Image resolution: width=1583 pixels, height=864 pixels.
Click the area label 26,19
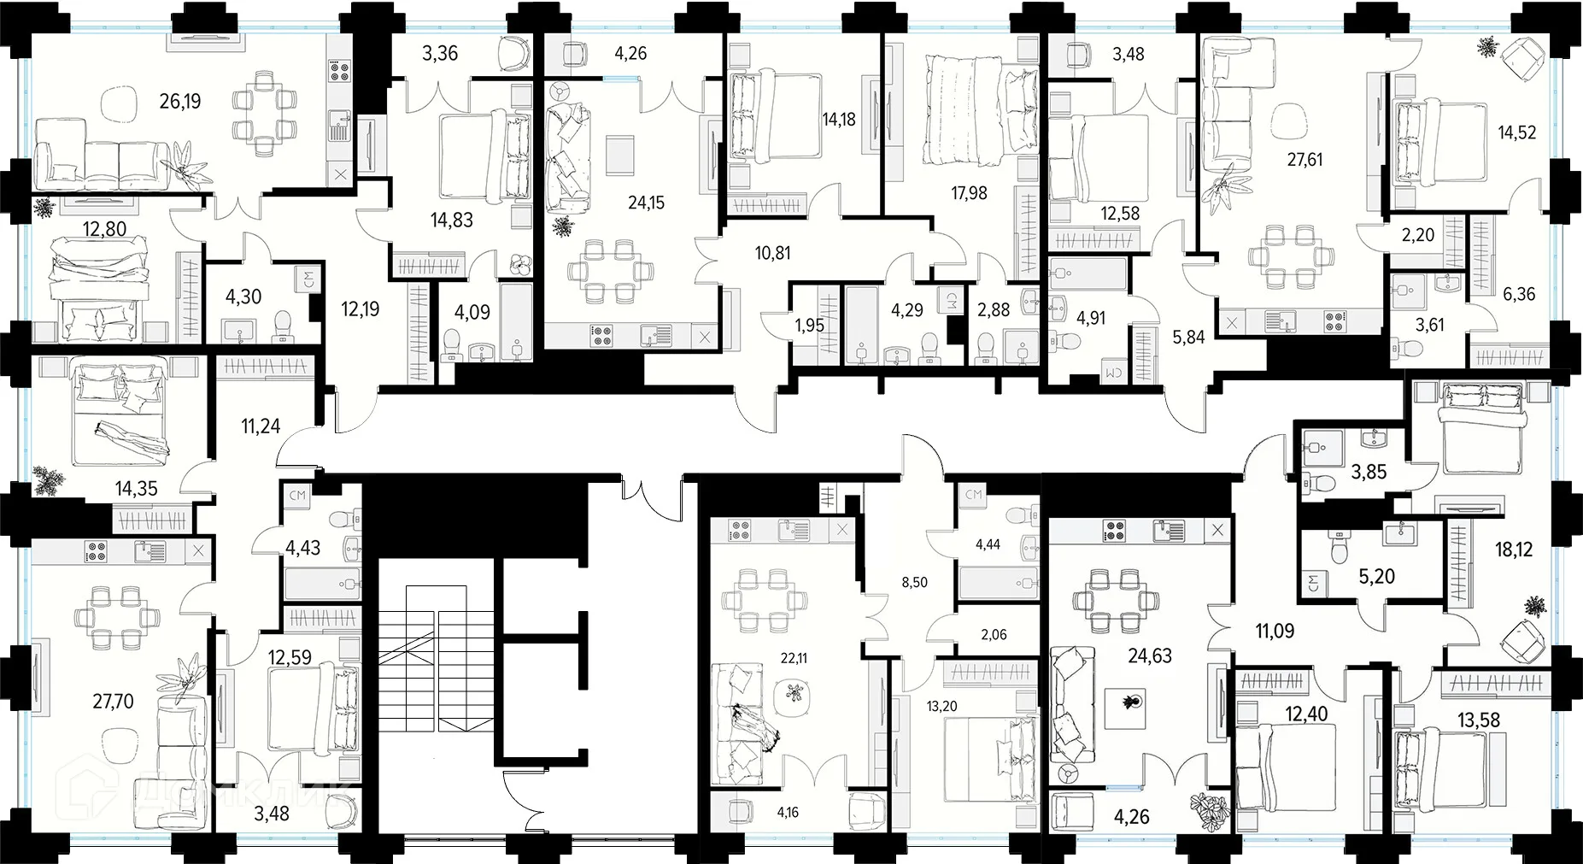180,102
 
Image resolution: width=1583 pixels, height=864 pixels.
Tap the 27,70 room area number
113,702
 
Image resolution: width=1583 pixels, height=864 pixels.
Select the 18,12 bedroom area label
1514,550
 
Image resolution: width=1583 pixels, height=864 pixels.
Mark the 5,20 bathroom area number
1376,577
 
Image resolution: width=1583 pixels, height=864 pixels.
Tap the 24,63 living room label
1150,656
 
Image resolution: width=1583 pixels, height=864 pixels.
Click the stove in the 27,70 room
95,551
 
